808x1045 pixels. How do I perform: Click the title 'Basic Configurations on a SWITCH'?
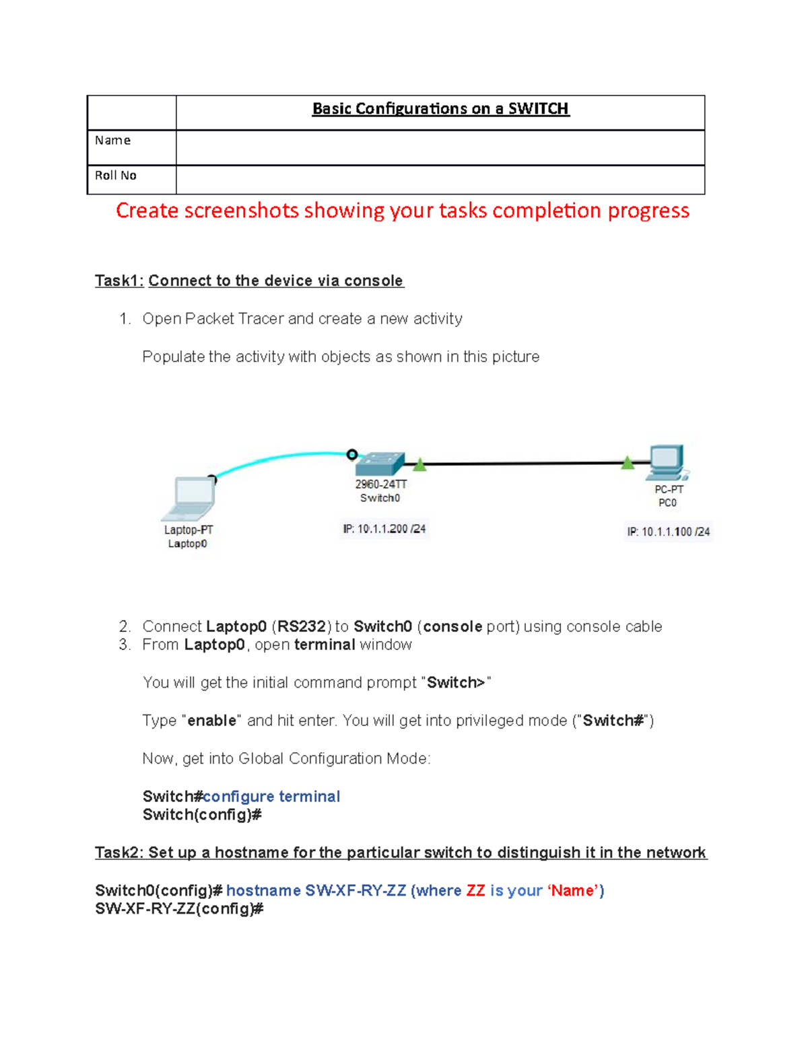pos(440,109)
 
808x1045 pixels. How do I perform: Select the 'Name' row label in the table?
pos(112,141)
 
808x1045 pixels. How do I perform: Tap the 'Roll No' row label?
pos(115,176)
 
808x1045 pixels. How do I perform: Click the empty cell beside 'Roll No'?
pos(440,180)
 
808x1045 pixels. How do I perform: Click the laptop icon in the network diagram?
pos(191,499)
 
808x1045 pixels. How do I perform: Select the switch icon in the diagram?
pos(380,464)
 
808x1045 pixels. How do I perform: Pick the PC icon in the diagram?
pos(667,462)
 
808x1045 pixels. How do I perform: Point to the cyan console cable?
pos(283,459)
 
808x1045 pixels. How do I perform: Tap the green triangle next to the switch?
pos(419,464)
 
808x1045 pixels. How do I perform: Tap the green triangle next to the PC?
pos(628,462)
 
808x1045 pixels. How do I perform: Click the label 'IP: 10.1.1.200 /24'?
pos(384,529)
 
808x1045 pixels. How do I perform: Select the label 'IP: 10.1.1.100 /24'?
pos(669,532)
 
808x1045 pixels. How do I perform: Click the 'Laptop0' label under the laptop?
pos(187,544)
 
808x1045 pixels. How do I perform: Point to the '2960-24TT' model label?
pos(380,484)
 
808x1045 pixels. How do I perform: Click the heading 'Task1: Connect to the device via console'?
pos(249,281)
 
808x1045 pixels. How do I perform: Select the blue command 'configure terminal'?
pos(271,797)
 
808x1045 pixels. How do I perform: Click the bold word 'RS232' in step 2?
pos(302,626)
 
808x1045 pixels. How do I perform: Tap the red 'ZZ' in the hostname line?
pos(475,891)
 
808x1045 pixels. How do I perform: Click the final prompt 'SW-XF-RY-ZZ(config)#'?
pos(179,909)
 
